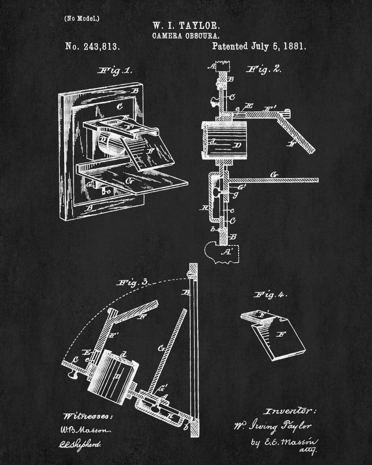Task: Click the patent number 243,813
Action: [x=91, y=46]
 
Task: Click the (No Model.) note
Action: [x=81, y=19]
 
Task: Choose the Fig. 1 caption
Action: [x=115, y=71]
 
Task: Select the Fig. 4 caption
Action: [x=271, y=294]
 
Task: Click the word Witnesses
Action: [x=87, y=415]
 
